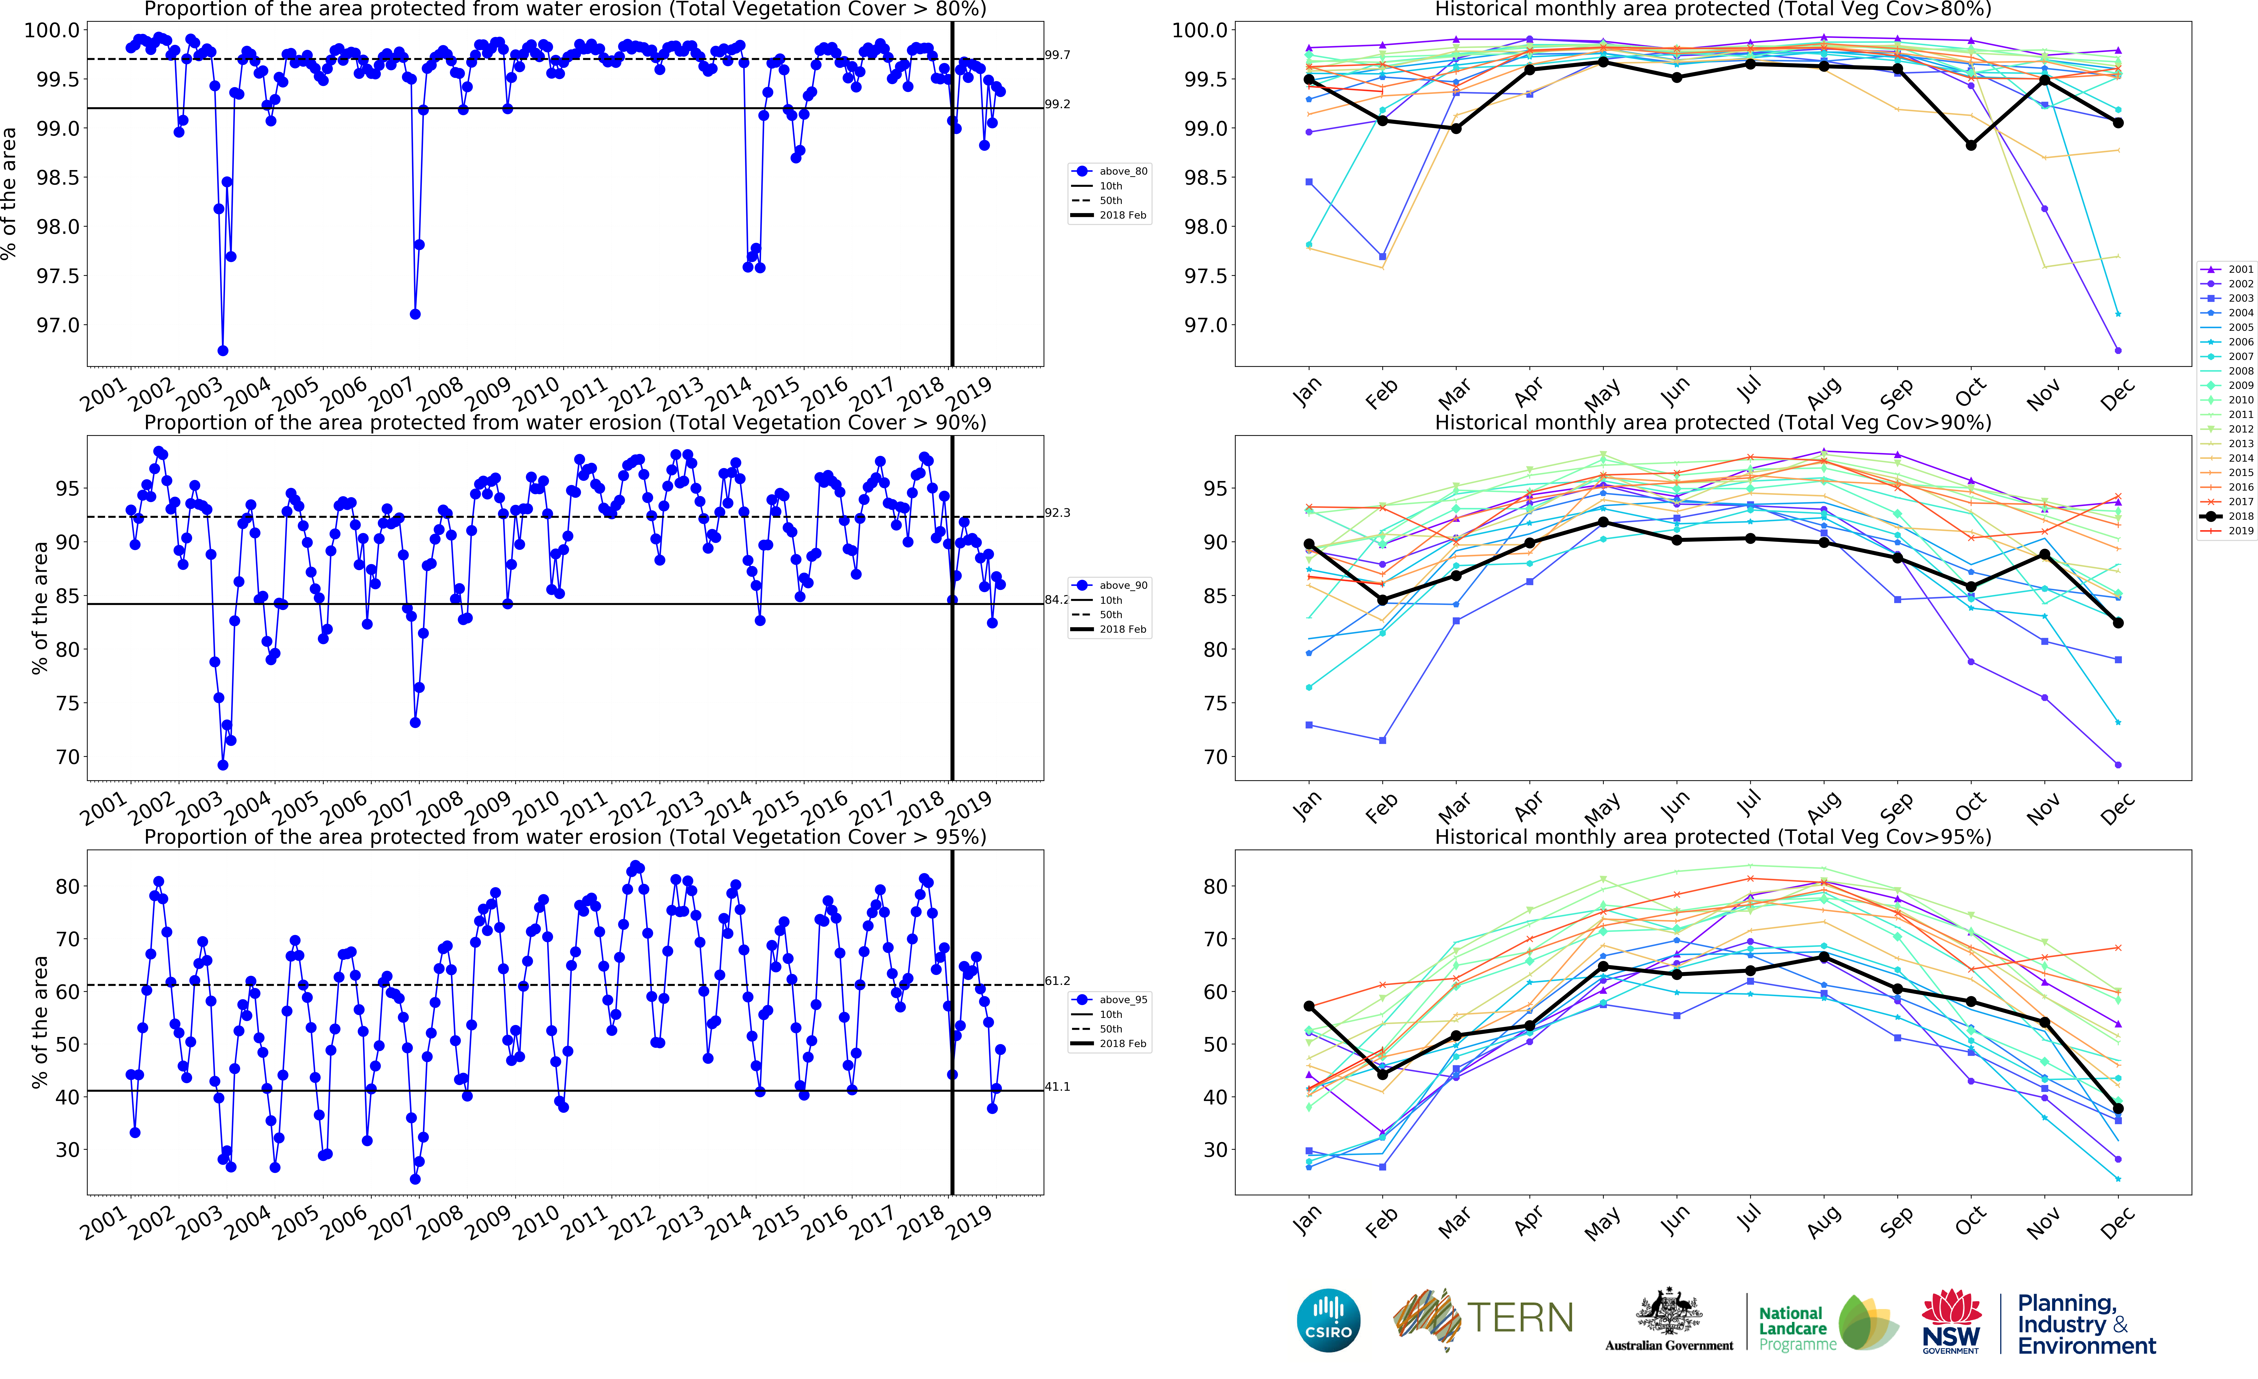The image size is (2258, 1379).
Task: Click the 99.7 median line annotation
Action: [1057, 55]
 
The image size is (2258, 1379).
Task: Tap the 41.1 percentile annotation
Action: [1057, 1087]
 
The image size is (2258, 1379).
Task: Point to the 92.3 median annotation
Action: [1057, 512]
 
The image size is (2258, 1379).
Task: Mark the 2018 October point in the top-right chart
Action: [1971, 145]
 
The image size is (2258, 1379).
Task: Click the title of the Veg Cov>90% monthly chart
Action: [1713, 422]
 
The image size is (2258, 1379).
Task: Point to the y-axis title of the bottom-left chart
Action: [38, 1022]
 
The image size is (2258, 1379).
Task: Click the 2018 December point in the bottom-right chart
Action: [2118, 1109]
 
